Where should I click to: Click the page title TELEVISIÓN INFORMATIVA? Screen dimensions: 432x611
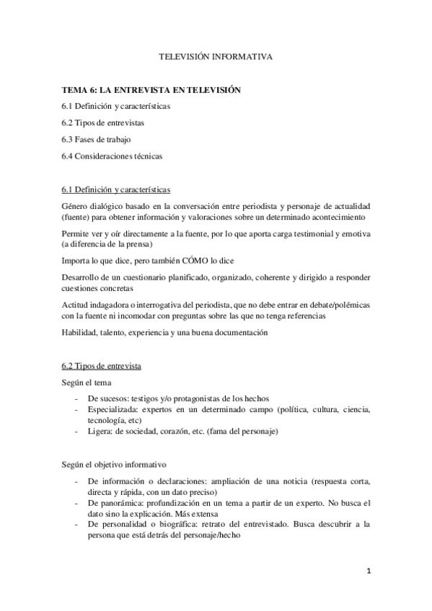pos(216,55)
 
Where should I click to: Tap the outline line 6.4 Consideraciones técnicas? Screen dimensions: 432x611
pos(113,155)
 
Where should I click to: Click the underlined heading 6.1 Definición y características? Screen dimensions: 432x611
pos(116,189)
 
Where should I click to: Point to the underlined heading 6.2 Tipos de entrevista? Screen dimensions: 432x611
pos(102,367)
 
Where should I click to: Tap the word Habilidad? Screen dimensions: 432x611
pos(79,332)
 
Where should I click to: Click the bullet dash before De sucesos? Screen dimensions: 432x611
pos(77,398)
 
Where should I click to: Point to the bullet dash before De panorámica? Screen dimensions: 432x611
pos(77,503)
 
